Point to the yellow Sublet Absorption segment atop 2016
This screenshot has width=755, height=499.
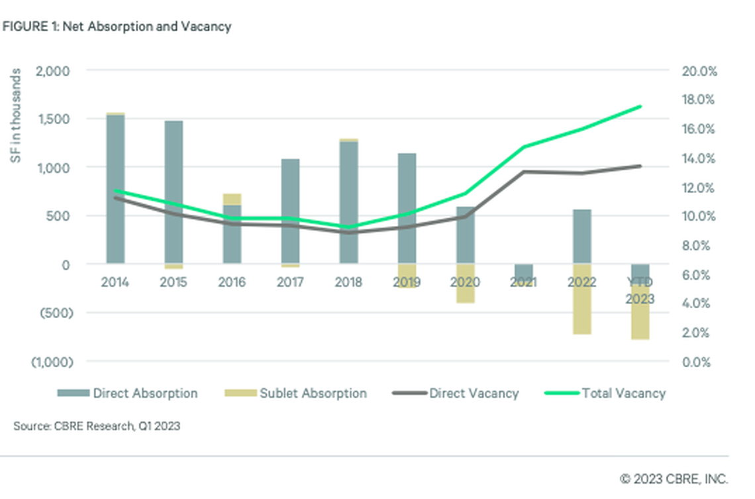click(232, 199)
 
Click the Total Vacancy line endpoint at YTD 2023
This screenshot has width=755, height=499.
click(640, 106)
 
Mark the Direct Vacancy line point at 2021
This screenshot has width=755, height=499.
click(524, 172)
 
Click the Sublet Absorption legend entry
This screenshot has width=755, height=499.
click(292, 393)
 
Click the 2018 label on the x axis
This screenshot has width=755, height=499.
click(348, 282)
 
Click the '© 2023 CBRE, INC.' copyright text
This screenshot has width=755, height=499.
click(674, 478)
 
